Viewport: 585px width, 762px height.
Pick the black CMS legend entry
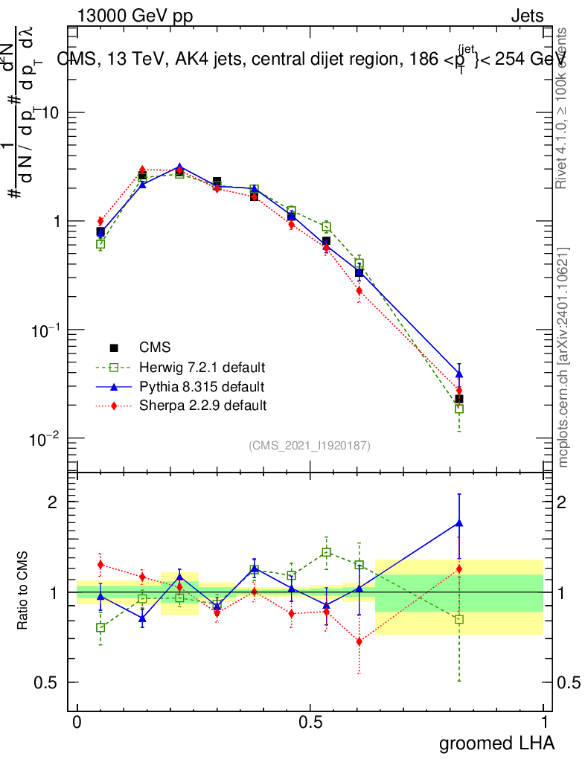pos(155,348)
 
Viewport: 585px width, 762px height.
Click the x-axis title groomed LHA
pos(497,743)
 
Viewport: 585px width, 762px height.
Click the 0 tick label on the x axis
pos(77,723)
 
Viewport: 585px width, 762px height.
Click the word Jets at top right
pos(526,16)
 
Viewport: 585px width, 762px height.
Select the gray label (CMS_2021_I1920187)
pos(310,445)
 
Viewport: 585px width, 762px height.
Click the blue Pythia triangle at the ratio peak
pos(459,523)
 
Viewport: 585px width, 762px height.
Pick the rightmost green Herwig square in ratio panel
pos(459,619)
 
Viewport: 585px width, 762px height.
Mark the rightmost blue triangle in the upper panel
pos(459,374)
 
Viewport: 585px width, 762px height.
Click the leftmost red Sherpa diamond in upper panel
pos(100,221)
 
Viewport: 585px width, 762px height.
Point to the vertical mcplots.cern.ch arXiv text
pos(564,357)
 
